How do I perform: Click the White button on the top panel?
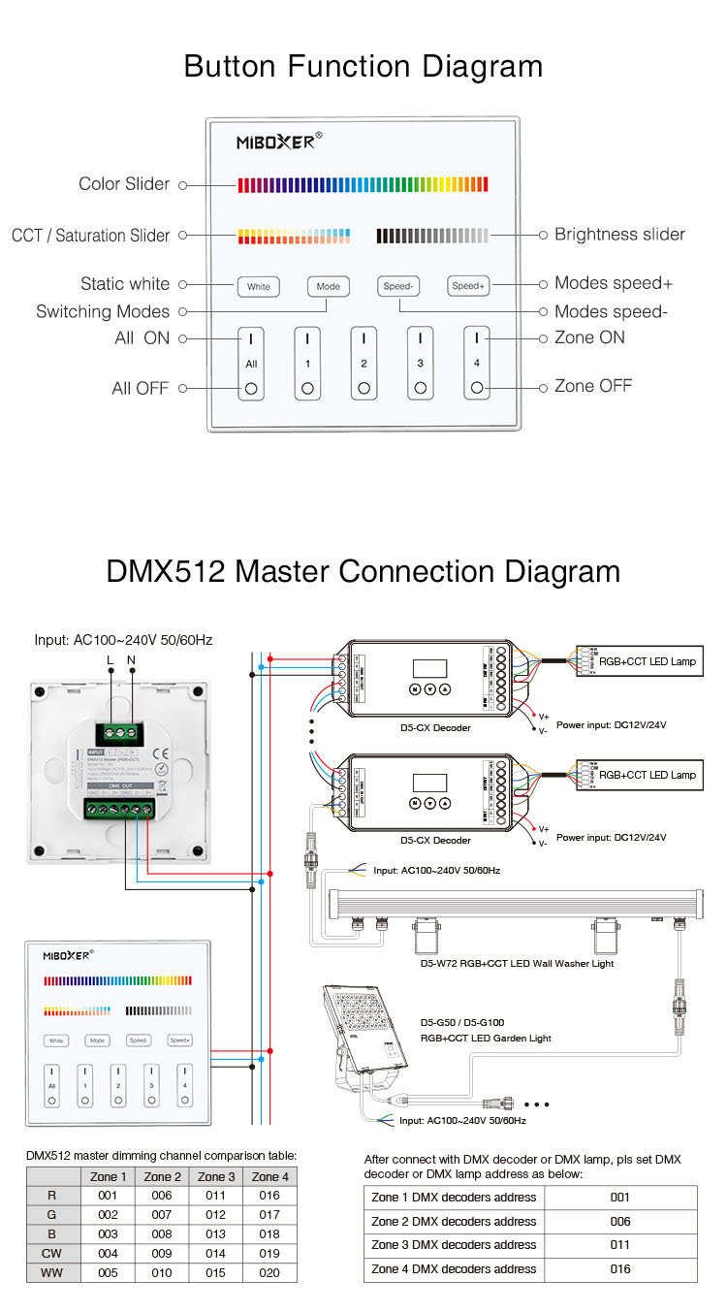point(259,287)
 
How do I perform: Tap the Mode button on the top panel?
point(329,287)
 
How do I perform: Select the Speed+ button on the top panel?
point(468,286)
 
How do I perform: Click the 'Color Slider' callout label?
point(124,184)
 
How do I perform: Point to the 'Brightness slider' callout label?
point(619,235)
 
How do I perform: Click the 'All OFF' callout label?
point(141,389)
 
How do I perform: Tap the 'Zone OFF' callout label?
point(593,386)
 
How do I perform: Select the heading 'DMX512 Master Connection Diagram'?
point(363,570)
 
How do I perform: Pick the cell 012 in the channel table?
point(215,1215)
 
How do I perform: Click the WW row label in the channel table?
point(52,1272)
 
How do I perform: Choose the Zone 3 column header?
point(216,1176)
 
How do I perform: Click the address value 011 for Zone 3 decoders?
point(620,1245)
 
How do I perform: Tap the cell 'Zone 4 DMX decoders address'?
point(454,1269)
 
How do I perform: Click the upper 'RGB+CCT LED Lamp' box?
point(648,662)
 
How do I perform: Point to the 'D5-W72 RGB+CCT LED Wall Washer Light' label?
point(517,963)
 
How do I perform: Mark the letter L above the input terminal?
point(110,660)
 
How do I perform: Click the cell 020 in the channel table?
point(269,1272)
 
